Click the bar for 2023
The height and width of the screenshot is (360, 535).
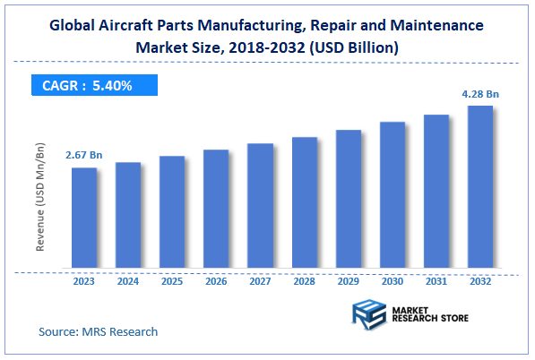(84, 218)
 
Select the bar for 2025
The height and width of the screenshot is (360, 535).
(172, 212)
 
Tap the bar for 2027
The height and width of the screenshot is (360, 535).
(260, 206)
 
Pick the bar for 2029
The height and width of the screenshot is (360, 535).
(349, 199)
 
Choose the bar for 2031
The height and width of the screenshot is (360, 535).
(436, 192)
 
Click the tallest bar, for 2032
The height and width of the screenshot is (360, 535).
(480, 187)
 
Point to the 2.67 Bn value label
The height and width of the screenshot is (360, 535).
(83, 156)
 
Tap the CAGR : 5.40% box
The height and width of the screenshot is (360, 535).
(89, 85)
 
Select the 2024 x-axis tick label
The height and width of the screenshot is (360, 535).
(128, 281)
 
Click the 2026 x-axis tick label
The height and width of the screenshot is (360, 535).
(216, 281)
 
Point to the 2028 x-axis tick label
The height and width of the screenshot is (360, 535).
(305, 281)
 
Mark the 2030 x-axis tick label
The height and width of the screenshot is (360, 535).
(393, 281)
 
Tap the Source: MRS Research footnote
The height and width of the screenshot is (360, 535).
(98, 331)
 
